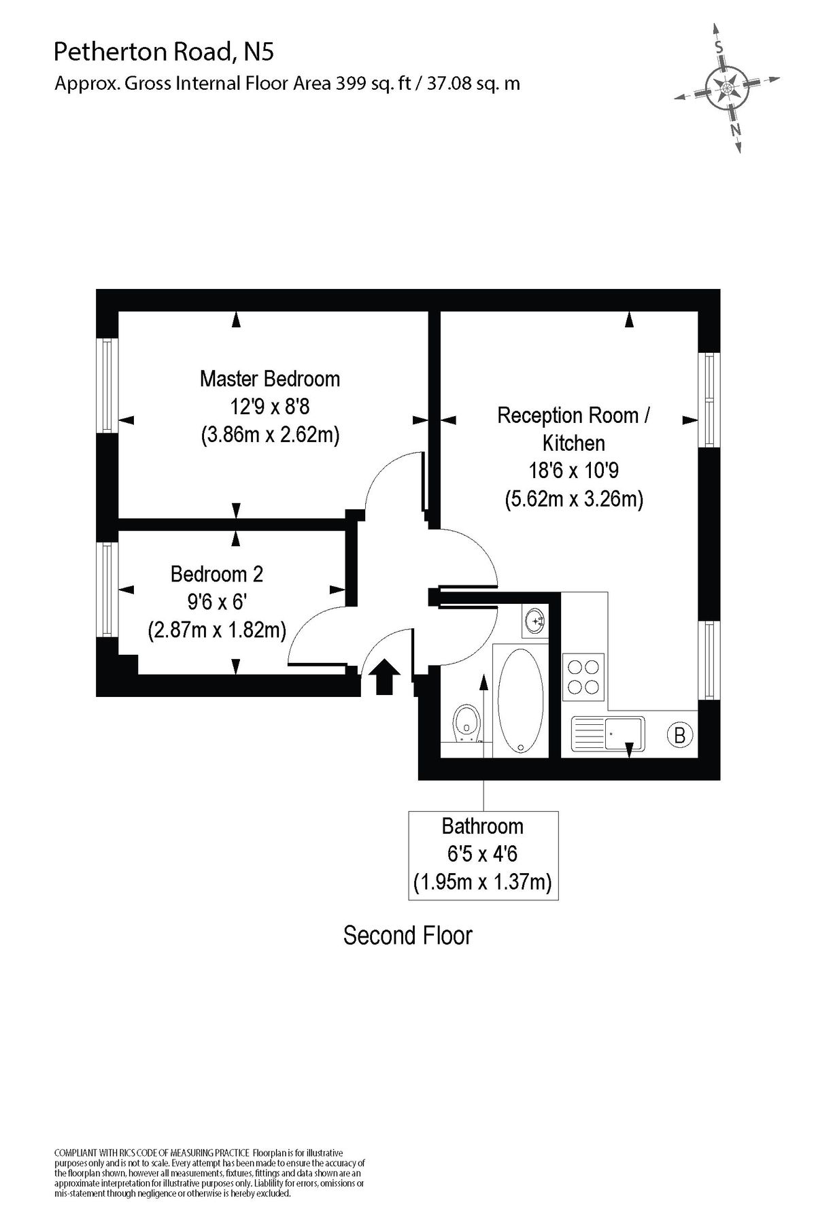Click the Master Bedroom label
pos(269,378)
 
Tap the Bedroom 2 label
pos(216,574)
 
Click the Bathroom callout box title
pos(482,826)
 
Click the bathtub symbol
pos(521,700)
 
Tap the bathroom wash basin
pos(535,620)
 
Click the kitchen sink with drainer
pos(608,734)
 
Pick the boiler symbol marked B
pos(679,734)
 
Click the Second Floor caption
pos(407,936)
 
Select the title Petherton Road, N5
pos(164,52)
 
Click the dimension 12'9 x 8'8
pos(269,407)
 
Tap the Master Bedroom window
pos(107,385)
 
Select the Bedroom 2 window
pos(107,589)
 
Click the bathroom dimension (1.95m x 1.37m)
pos(482,883)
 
